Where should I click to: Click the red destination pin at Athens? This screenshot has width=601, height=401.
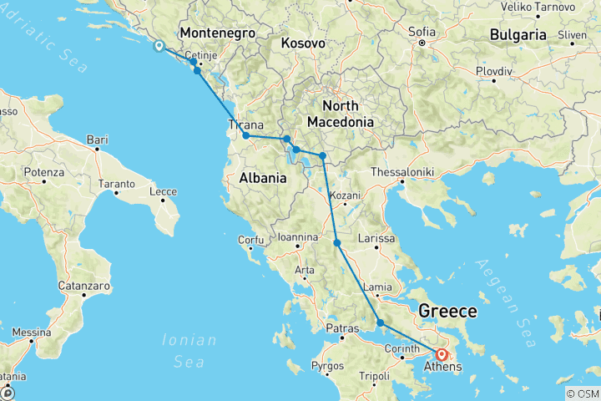click(442, 353)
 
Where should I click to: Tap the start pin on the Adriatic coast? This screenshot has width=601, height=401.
click(158, 45)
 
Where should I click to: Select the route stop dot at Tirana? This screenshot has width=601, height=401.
click(246, 135)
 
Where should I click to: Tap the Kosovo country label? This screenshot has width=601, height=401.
click(302, 43)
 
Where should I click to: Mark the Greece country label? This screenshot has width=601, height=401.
click(447, 312)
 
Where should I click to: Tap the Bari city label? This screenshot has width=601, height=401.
click(98, 139)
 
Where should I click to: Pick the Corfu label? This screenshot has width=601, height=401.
click(250, 240)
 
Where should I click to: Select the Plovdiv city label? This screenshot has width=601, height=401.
click(493, 71)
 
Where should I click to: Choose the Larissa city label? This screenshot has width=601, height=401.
click(376, 239)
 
